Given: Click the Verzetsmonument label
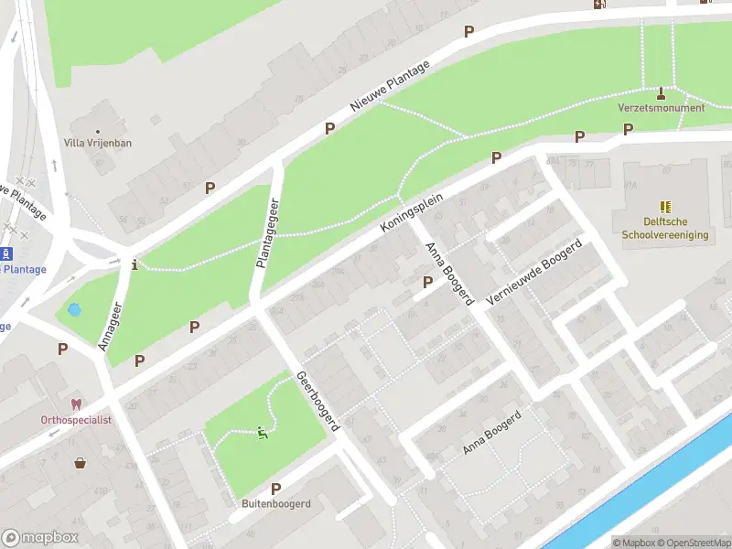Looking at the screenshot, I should pyautogui.click(x=661, y=108).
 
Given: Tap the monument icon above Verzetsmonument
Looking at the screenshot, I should pyautogui.click(x=662, y=92).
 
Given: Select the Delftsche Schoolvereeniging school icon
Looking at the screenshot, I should pyautogui.click(x=665, y=208).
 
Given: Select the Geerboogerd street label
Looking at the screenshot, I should pyautogui.click(x=318, y=401).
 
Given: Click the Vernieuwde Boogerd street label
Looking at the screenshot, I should pyautogui.click(x=535, y=273).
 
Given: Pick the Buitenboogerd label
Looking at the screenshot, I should pyautogui.click(x=276, y=504).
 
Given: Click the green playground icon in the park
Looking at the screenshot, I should pyautogui.click(x=263, y=433).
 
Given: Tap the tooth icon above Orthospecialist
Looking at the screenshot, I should pyautogui.click(x=76, y=404).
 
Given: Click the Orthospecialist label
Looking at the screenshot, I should pyautogui.click(x=76, y=419).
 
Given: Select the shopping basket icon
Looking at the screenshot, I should pyautogui.click(x=81, y=463).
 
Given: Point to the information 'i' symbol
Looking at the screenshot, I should pyautogui.click(x=135, y=265).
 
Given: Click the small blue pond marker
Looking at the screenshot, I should pyautogui.click(x=75, y=309).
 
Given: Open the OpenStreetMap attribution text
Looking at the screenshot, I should pyautogui.click(x=694, y=543).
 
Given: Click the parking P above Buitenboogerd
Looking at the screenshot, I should pyautogui.click(x=275, y=489).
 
